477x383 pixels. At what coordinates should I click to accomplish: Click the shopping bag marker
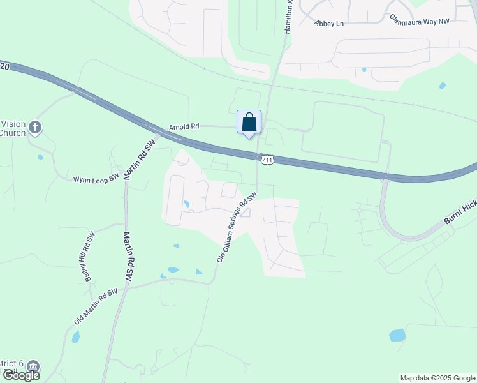click(x=249, y=123)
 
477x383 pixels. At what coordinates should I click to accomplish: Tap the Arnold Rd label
click(x=184, y=126)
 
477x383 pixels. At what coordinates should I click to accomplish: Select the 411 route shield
click(x=267, y=160)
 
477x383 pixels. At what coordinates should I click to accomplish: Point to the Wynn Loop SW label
click(x=96, y=179)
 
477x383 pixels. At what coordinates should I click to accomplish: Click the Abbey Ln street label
click(x=329, y=23)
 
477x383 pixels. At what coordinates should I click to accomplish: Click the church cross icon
click(x=35, y=128)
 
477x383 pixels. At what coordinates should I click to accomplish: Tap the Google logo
click(x=20, y=375)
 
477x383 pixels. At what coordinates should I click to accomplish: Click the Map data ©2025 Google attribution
click(x=437, y=378)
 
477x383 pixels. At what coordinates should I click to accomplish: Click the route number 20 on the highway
click(x=6, y=66)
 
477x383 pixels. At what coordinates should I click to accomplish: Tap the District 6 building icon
click(x=33, y=367)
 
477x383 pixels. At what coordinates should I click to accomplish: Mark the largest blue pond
click(x=397, y=335)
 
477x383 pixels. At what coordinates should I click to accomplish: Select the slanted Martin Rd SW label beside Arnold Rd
click(x=142, y=160)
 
